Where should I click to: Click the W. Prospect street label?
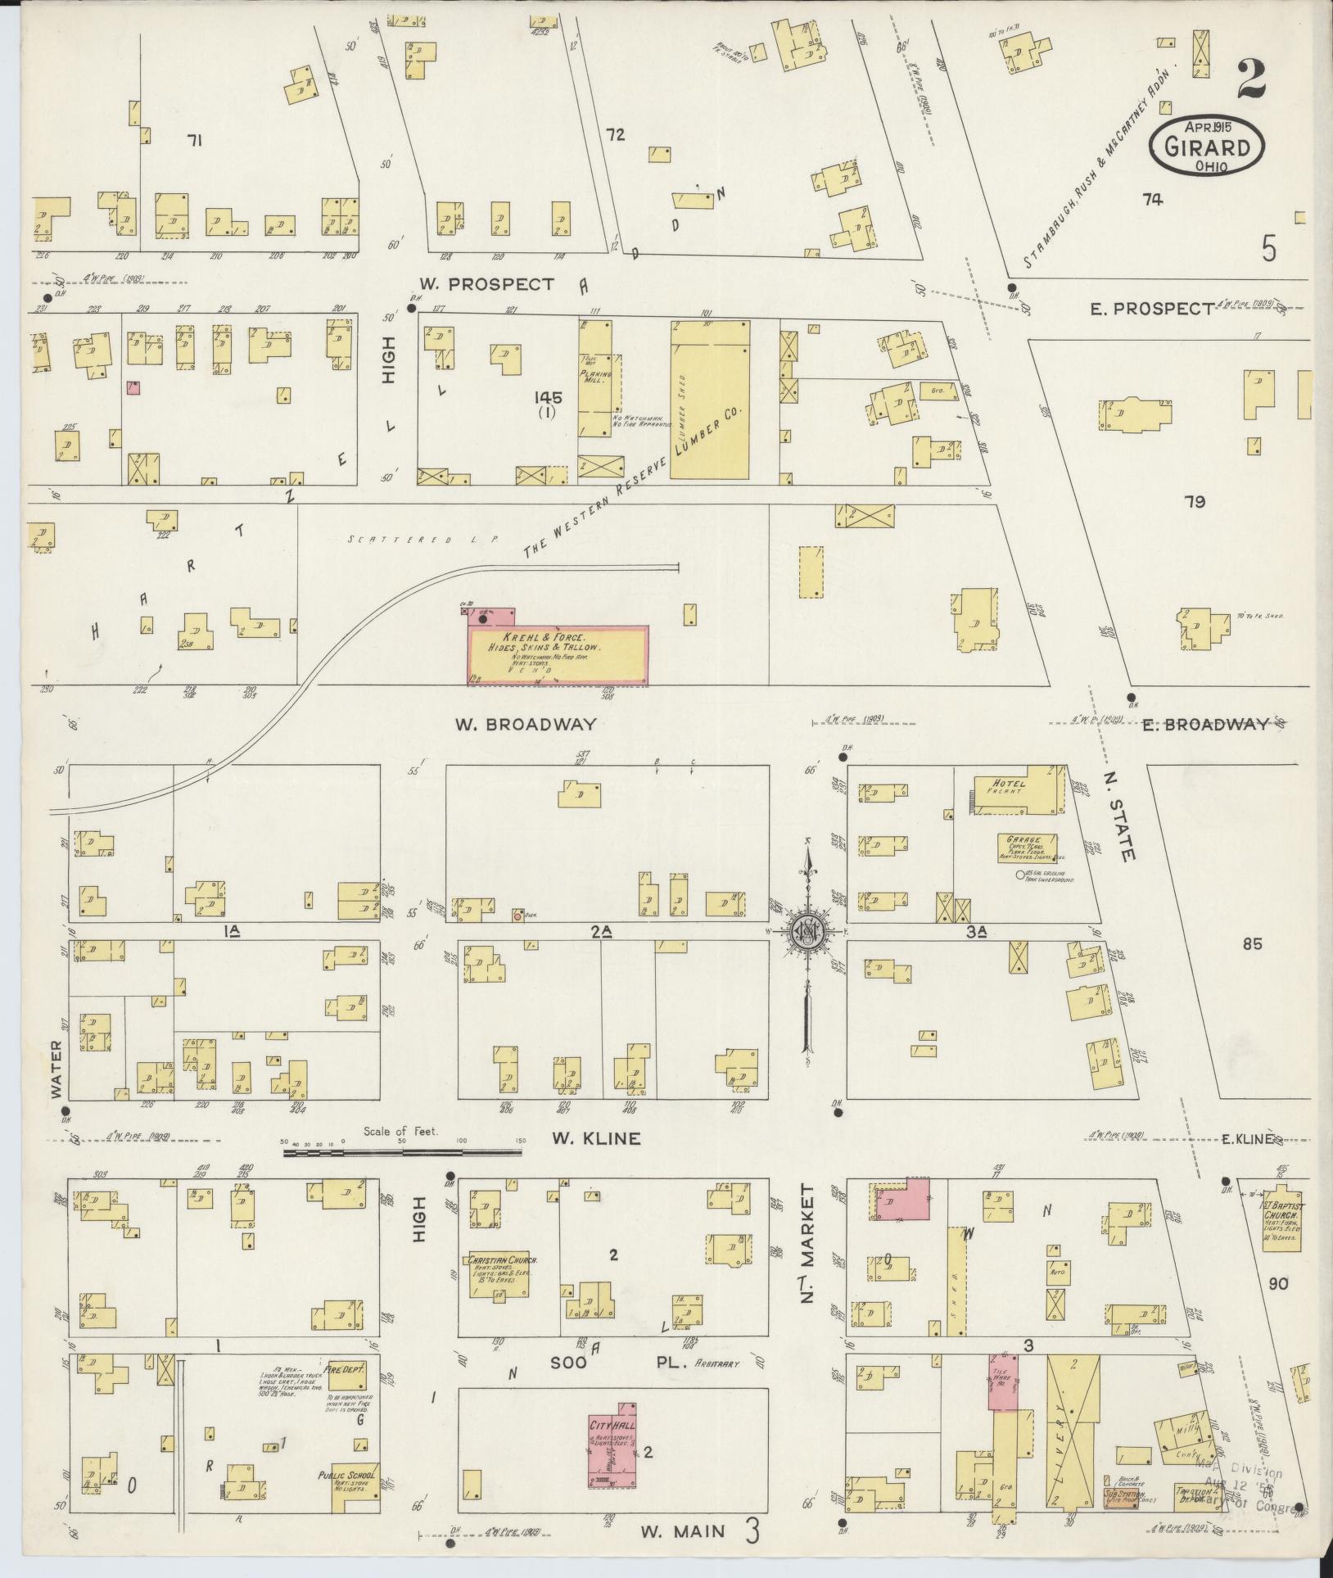click(x=486, y=284)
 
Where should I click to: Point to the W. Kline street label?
click(x=594, y=1138)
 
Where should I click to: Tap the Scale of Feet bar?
click(x=402, y=1152)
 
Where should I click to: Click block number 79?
click(x=1194, y=502)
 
